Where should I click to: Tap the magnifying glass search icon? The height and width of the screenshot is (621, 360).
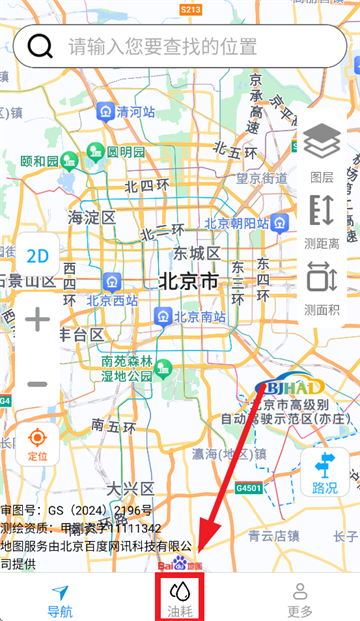[41, 46]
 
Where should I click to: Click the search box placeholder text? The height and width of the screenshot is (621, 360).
[163, 46]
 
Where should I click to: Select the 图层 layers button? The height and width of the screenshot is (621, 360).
[321, 153]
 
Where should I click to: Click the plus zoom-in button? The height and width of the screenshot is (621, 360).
[37, 320]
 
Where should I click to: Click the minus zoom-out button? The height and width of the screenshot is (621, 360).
[37, 384]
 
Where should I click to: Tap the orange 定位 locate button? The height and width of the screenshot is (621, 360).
[37, 444]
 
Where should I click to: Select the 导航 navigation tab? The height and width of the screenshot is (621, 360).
[60, 600]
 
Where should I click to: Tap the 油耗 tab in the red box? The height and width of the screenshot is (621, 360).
[180, 600]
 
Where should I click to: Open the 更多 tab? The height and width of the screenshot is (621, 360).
[300, 600]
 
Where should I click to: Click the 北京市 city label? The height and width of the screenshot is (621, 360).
[187, 282]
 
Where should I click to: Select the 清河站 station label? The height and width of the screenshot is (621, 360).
[136, 112]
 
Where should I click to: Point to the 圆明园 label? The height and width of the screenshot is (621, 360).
[126, 152]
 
